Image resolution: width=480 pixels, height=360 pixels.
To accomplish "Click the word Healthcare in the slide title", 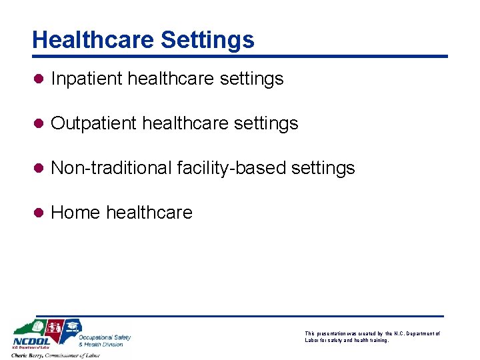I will point(93,40).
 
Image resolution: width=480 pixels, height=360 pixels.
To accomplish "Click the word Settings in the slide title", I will point(207,40).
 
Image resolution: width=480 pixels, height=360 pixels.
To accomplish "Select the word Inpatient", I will point(87,79).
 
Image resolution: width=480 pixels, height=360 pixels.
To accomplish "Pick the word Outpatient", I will point(94,123).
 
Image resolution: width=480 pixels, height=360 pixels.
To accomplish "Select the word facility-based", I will point(231,168).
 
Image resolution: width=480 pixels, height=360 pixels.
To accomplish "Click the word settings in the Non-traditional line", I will point(323,168).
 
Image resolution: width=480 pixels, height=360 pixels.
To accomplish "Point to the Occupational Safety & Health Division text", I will point(105,341).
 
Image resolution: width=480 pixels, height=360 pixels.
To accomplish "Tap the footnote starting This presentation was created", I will point(372,337).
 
